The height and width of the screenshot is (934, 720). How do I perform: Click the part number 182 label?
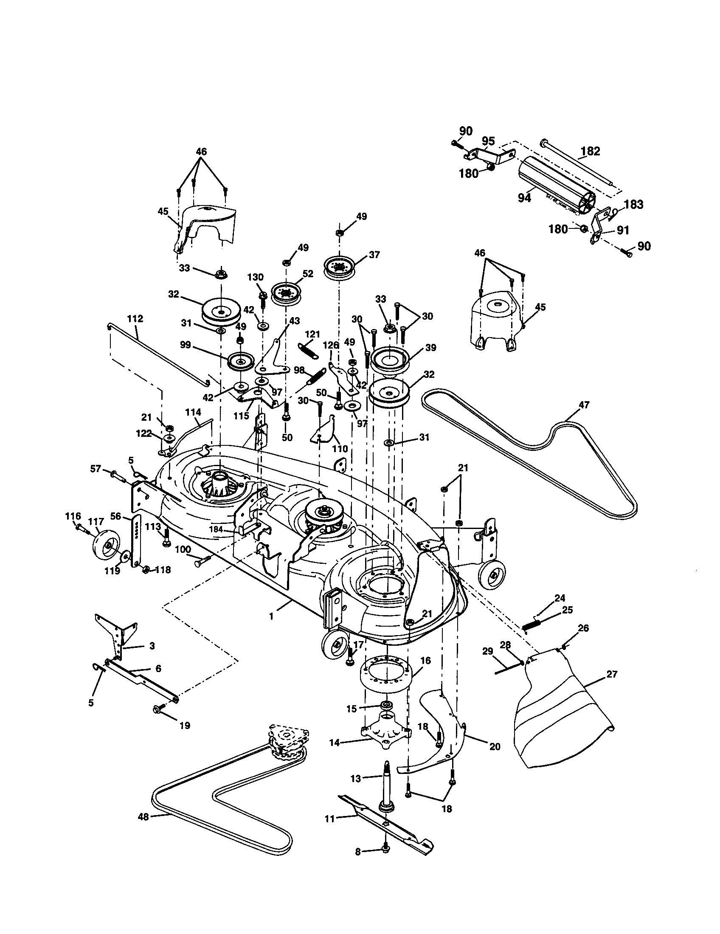(591, 151)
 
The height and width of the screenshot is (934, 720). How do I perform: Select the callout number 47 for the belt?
(584, 405)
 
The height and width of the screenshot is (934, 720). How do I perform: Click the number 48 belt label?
(143, 817)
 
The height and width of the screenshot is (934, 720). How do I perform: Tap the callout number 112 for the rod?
(135, 318)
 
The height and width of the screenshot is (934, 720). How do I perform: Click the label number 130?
(255, 277)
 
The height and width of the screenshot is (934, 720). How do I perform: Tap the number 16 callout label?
(425, 661)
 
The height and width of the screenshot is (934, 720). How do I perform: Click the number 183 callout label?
(633, 205)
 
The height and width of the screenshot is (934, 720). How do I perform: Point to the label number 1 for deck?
(271, 617)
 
